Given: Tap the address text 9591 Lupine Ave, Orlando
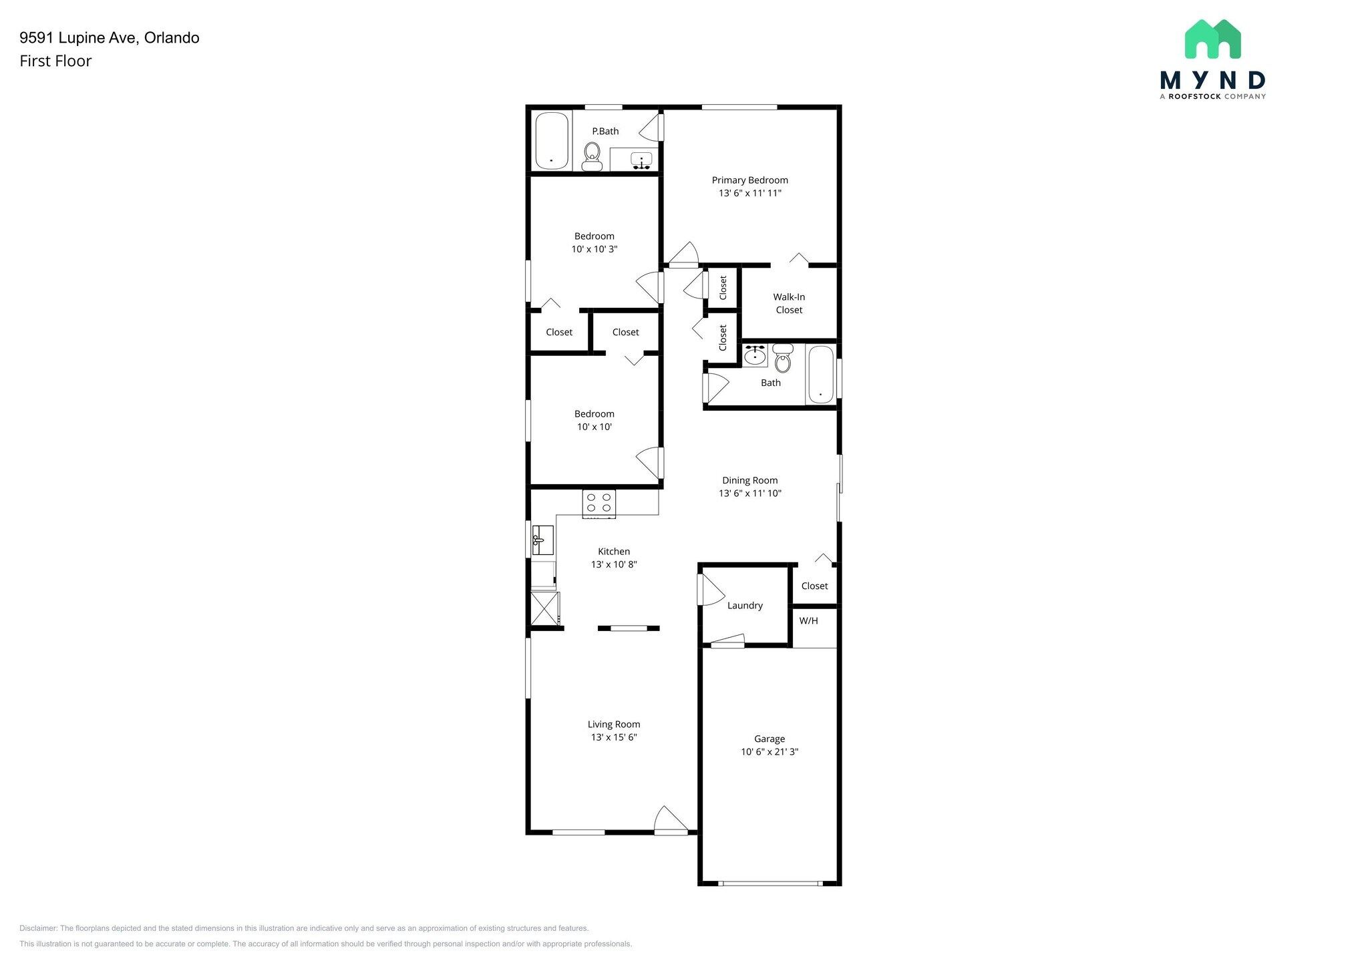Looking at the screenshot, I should (x=110, y=37).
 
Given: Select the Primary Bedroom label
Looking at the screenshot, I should (x=749, y=180).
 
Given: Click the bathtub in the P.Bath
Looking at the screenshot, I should (x=552, y=141).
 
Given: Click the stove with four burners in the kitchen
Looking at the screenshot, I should (x=599, y=504).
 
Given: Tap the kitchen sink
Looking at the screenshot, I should (x=543, y=540).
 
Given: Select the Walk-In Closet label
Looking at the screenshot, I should (x=789, y=303).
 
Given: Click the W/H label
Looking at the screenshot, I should (x=808, y=620).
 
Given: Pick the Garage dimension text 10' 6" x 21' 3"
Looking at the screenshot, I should (x=769, y=751).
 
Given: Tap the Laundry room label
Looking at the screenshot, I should (x=745, y=605).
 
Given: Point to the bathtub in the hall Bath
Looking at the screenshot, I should (x=821, y=375).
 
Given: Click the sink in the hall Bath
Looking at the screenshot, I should (x=755, y=355).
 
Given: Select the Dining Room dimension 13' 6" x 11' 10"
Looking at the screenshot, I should (x=749, y=493).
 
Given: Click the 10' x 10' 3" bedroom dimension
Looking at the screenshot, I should (x=594, y=249).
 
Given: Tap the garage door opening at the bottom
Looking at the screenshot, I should (x=770, y=883).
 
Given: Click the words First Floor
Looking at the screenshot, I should (x=55, y=61).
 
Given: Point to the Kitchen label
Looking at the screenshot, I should (x=613, y=551).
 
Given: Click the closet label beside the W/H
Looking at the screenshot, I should (x=814, y=586).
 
